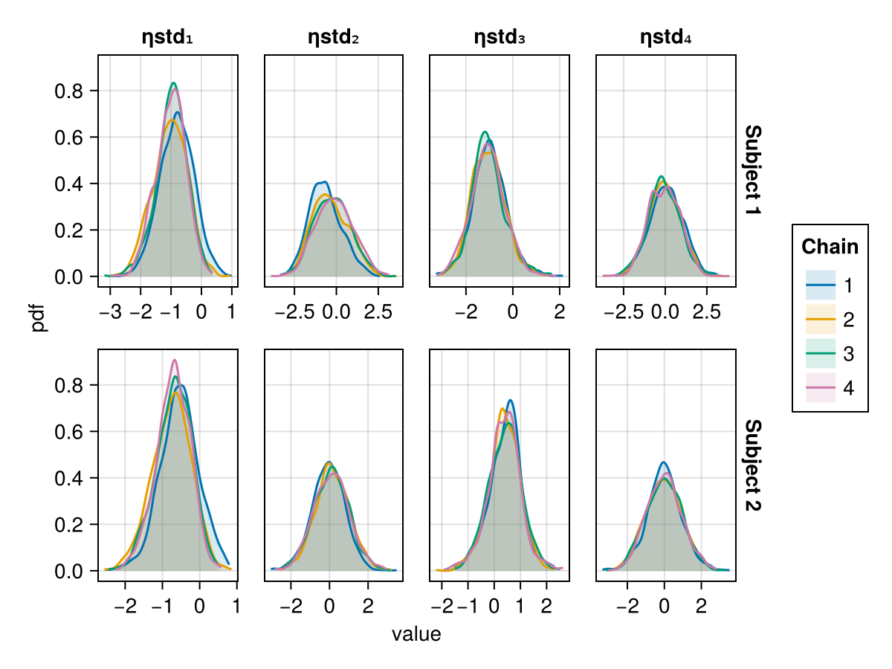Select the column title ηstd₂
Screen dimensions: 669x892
(334, 37)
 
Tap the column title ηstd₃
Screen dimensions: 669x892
(500, 37)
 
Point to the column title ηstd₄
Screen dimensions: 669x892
(666, 37)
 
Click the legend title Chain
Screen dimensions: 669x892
(830, 247)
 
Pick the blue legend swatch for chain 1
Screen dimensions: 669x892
(821, 285)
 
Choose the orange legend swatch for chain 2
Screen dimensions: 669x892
(821, 320)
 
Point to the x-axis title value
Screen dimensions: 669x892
(416, 634)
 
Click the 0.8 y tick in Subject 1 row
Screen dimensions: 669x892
(71, 91)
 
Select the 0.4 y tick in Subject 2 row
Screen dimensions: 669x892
(71, 478)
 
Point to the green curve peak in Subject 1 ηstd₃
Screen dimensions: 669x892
(485, 132)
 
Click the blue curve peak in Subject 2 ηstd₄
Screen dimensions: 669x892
(664, 462)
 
